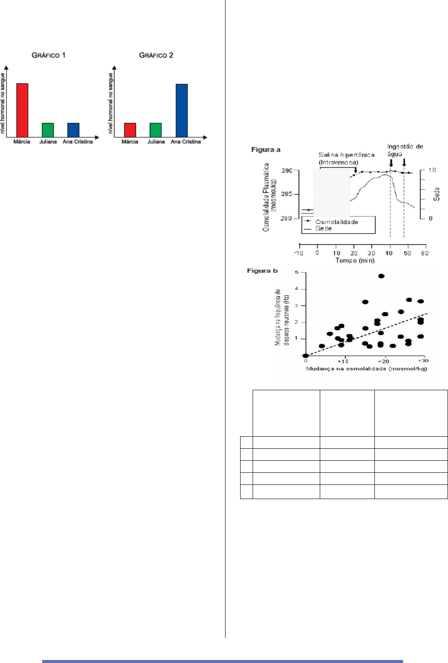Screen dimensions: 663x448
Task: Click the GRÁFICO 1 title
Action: (x=49, y=55)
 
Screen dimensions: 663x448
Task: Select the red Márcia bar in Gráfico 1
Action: (x=22, y=110)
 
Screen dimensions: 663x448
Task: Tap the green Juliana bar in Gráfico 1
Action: (x=48, y=130)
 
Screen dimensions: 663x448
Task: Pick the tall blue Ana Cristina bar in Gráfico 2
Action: (x=182, y=110)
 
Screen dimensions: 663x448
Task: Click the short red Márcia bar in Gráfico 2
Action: (x=130, y=130)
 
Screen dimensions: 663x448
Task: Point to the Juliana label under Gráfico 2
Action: (x=156, y=142)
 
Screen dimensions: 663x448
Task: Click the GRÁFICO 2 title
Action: (x=156, y=55)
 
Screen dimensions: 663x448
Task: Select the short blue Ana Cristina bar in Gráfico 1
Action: (x=73, y=130)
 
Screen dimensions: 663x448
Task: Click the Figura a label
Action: (x=266, y=150)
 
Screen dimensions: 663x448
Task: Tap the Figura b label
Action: (x=262, y=271)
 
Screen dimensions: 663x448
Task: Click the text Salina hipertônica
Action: (x=346, y=155)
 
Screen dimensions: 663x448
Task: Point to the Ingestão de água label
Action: (x=405, y=150)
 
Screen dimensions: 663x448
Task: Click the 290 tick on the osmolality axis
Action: (x=287, y=171)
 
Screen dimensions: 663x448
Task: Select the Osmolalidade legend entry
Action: (x=336, y=222)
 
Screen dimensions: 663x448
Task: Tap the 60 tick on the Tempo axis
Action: (x=424, y=253)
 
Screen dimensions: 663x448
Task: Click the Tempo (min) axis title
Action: (x=355, y=260)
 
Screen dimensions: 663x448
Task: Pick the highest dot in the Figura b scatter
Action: (x=381, y=276)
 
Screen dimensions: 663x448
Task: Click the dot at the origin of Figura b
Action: (x=306, y=355)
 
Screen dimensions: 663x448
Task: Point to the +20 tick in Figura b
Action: (x=383, y=361)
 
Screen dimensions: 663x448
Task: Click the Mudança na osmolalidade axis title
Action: (x=366, y=369)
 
